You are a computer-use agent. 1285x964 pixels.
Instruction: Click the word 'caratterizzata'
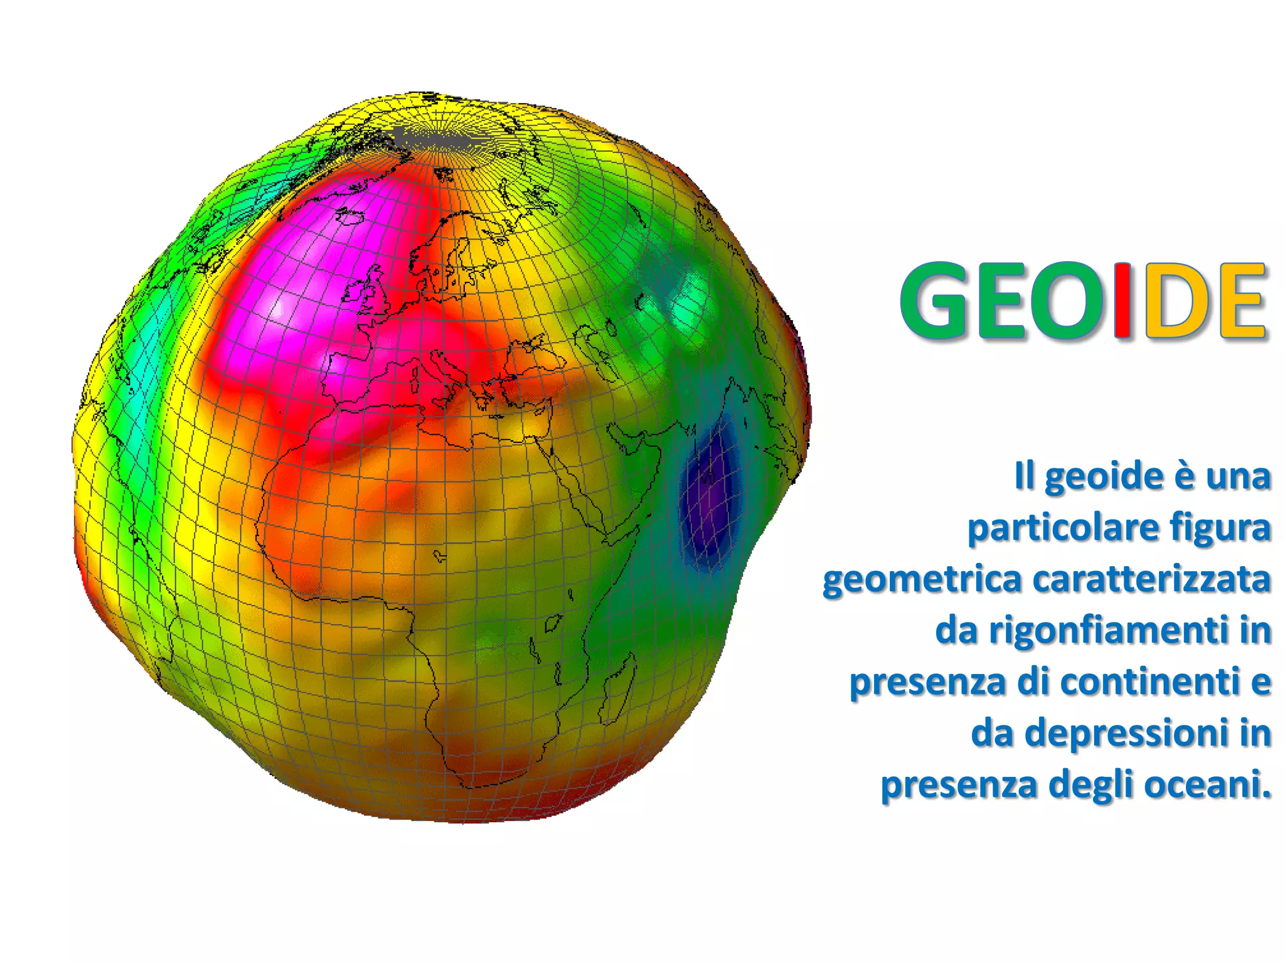click(x=1151, y=579)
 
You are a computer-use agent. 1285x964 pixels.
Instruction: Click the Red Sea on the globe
click(x=574, y=483)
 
